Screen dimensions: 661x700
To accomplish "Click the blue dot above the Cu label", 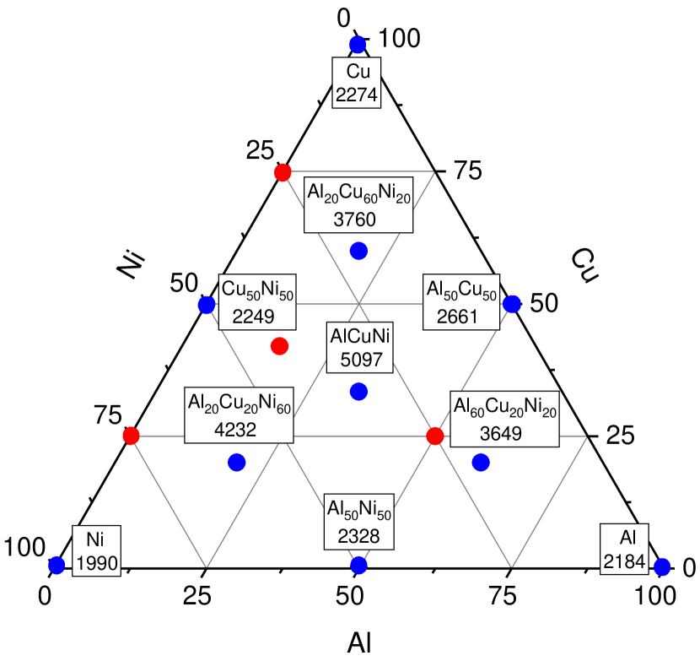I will (358, 45).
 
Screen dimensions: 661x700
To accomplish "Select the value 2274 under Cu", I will (357, 95).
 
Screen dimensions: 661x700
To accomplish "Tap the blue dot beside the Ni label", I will (57, 566).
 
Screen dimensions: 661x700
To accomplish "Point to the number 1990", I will (96, 563).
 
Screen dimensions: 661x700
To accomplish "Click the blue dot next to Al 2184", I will (662, 566).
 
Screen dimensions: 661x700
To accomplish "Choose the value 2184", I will (625, 561).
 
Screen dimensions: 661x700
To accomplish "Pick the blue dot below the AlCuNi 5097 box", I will (358, 392).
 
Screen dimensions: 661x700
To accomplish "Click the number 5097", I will (362, 360).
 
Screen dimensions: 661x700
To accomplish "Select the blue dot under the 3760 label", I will (358, 251).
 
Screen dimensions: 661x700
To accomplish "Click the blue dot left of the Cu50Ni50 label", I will (207, 305).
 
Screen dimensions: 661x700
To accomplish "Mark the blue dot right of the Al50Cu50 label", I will (511, 304).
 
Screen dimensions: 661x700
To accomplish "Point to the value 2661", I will (458, 317).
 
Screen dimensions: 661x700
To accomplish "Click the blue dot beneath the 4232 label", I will (236, 462).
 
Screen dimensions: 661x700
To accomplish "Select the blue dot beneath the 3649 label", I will (481, 462).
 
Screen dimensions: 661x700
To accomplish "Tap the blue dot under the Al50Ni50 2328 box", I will (359, 565).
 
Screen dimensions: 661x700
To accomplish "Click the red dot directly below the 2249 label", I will (279, 346).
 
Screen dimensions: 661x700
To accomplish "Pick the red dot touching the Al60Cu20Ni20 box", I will (435, 436).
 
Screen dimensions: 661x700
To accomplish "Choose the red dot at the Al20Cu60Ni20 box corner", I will (283, 172).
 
